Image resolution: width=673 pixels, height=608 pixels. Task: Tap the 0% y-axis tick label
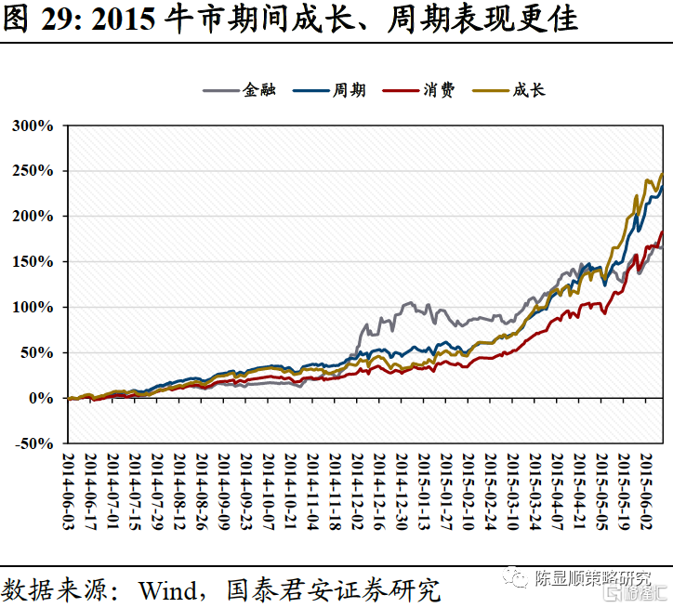(41, 399)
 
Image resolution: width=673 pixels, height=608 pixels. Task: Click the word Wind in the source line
(166, 588)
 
